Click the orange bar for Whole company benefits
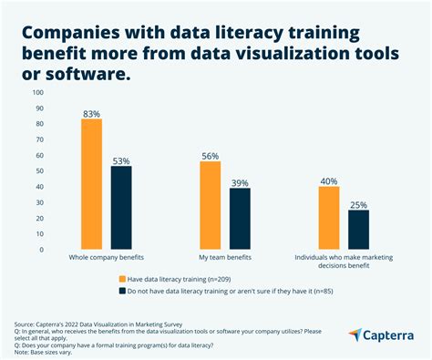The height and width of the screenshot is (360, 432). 91,183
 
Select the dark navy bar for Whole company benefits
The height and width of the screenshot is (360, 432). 121,207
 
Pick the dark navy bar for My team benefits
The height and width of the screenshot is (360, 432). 240,218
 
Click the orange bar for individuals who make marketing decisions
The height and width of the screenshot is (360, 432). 329,217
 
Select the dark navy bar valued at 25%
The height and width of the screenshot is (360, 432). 359,229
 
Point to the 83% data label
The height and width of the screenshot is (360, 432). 91,112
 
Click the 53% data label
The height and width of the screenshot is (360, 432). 121,160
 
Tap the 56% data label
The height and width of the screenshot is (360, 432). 211,155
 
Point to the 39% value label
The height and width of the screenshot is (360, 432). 241,181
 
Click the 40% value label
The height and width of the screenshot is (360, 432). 329,180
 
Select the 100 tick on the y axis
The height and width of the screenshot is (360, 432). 37,92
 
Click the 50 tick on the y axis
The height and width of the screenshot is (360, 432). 39,170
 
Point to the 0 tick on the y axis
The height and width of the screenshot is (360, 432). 41,249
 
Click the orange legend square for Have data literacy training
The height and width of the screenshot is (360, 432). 123,278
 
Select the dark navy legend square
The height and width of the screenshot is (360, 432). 123,291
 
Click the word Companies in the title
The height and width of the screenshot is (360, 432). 66,34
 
